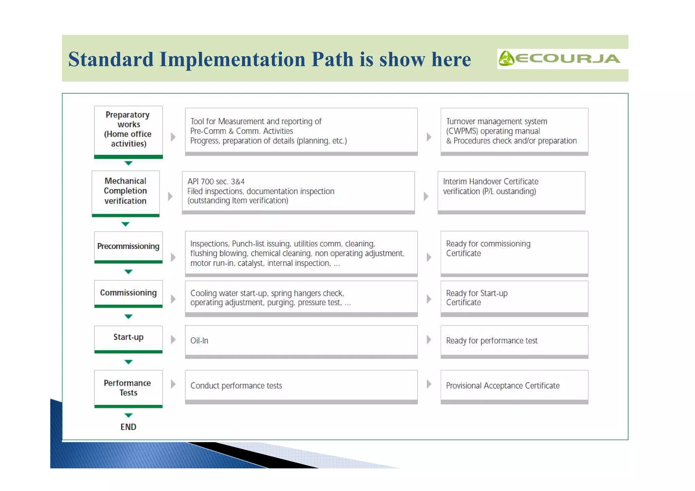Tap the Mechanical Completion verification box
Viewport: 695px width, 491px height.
pyautogui.click(x=126, y=191)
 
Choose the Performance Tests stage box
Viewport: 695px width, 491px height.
pyautogui.click(x=128, y=388)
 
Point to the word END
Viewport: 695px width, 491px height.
pyautogui.click(x=128, y=427)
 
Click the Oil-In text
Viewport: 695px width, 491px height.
pyautogui.click(x=199, y=341)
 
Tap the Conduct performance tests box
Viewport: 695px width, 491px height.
pyautogui.click(x=301, y=386)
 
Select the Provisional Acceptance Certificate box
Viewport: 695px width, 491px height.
pyautogui.click(x=514, y=386)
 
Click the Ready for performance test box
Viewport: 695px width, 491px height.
pyautogui.click(x=514, y=341)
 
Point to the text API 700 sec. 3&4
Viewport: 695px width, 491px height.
pyautogui.click(x=216, y=182)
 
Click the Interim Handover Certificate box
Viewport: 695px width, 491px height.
pyautogui.click(x=511, y=191)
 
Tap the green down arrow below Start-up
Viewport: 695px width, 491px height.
pyautogui.click(x=128, y=362)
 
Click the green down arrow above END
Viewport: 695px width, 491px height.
pyautogui.click(x=128, y=415)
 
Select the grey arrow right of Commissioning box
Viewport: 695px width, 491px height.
pyautogui.click(x=173, y=299)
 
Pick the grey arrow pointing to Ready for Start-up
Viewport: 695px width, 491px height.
pyautogui.click(x=429, y=299)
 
